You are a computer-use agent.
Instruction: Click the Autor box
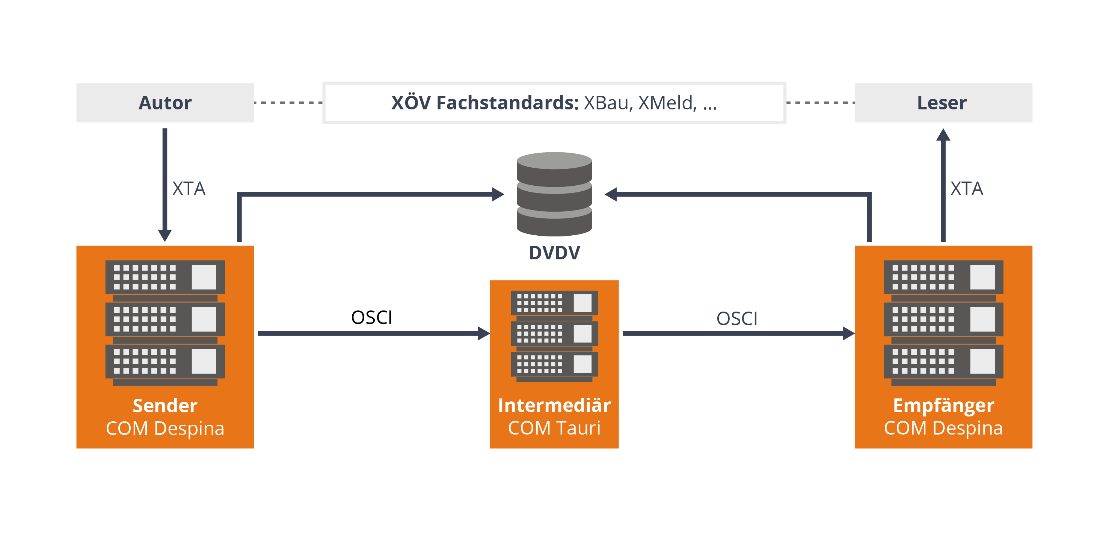[x=165, y=103]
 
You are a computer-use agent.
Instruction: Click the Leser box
[x=943, y=103]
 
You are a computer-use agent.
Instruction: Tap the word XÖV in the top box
[x=410, y=103]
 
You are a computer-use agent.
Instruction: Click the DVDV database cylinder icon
[x=554, y=194]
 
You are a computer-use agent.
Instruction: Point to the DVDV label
[x=554, y=253]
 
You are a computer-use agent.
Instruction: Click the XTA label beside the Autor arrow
[x=189, y=189]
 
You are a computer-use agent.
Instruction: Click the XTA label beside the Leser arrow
[x=967, y=189]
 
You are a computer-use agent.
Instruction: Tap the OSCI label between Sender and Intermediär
[x=371, y=318]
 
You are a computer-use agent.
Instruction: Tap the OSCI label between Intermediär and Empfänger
[x=736, y=319]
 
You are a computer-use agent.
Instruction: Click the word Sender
[x=165, y=406]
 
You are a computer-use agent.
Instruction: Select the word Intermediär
[x=554, y=406]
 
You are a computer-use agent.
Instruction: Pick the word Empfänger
[x=943, y=406]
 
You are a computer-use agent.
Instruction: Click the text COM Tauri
[x=554, y=428]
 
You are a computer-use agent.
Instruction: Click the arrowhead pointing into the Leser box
[x=943, y=135]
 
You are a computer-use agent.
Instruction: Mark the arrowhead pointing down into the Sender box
[x=165, y=235]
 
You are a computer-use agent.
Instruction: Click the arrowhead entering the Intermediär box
[x=483, y=333]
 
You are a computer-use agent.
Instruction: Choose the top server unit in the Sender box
[x=165, y=277]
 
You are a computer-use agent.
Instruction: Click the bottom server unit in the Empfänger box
[x=943, y=361]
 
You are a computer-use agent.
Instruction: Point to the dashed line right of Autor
[x=288, y=103]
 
